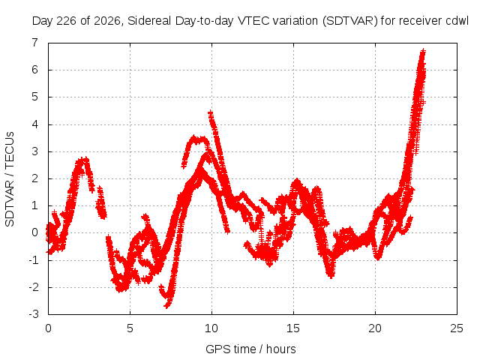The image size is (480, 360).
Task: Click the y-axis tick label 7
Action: coord(35,42)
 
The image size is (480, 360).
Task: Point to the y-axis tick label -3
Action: coord(33,314)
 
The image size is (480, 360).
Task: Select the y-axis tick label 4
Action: coord(35,124)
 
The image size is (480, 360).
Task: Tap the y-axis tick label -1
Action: coord(33,260)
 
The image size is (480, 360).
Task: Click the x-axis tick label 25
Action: coord(457,328)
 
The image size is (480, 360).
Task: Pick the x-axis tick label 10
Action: coord(211,328)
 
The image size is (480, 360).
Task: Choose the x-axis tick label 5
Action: coord(130,328)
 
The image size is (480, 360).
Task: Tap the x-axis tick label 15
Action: coord(293,328)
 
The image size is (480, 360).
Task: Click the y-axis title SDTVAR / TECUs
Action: coord(10,179)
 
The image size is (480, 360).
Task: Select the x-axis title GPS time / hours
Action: coord(250,349)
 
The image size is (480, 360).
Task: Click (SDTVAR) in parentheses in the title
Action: coord(350,21)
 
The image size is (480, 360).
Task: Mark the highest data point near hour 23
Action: coord(423,50)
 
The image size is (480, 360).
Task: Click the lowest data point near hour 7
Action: coord(166,305)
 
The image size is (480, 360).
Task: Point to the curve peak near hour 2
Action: coord(82,160)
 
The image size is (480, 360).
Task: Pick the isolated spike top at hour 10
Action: coord(210,113)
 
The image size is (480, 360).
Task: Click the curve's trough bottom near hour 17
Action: coord(331,276)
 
